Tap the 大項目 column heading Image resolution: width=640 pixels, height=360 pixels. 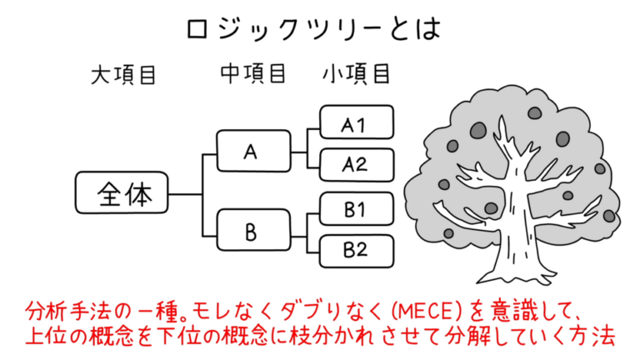[x=124, y=76]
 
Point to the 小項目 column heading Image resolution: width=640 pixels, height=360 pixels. [x=356, y=74]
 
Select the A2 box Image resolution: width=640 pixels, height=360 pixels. [x=355, y=165]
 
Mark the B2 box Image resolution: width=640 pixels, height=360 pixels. [x=355, y=249]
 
